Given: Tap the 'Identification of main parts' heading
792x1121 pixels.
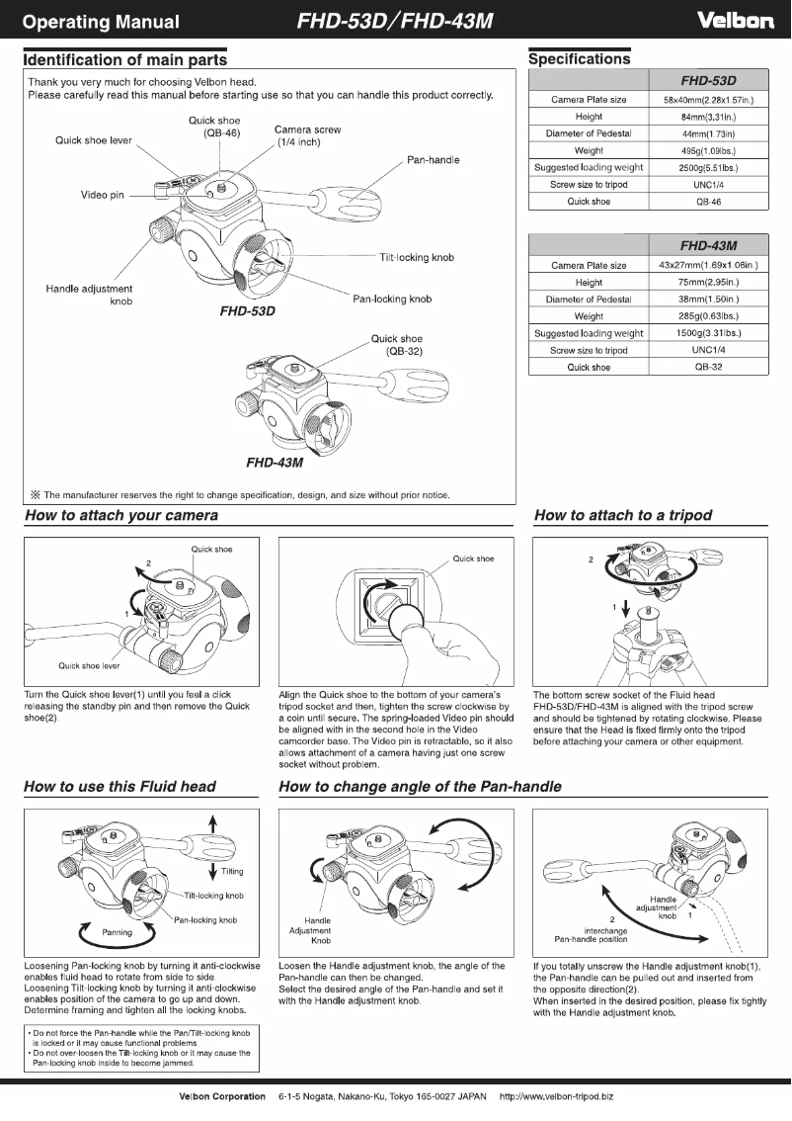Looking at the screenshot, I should [x=124, y=60].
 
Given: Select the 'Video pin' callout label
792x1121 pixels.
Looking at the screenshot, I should [x=102, y=195].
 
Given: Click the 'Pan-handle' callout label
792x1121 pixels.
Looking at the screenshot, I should [x=433, y=160].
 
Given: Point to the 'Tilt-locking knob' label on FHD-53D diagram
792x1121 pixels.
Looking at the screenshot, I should [x=417, y=258].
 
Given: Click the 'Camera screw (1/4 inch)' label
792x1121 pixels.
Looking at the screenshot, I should [x=307, y=136].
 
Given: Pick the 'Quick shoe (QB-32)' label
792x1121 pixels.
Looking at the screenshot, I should [x=397, y=345].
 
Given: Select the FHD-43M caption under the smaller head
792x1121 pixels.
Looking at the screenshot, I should [x=274, y=462].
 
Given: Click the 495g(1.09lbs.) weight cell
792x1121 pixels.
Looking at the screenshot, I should [x=709, y=151].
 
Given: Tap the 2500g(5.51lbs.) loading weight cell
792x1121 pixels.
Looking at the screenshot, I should [x=709, y=168].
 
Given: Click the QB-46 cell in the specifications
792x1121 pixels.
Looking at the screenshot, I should [x=709, y=202].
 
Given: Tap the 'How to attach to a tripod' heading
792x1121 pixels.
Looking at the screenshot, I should [x=622, y=515].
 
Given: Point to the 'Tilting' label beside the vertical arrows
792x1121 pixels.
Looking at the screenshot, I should [x=232, y=871].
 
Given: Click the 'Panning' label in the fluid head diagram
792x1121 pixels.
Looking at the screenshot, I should [x=120, y=931].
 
